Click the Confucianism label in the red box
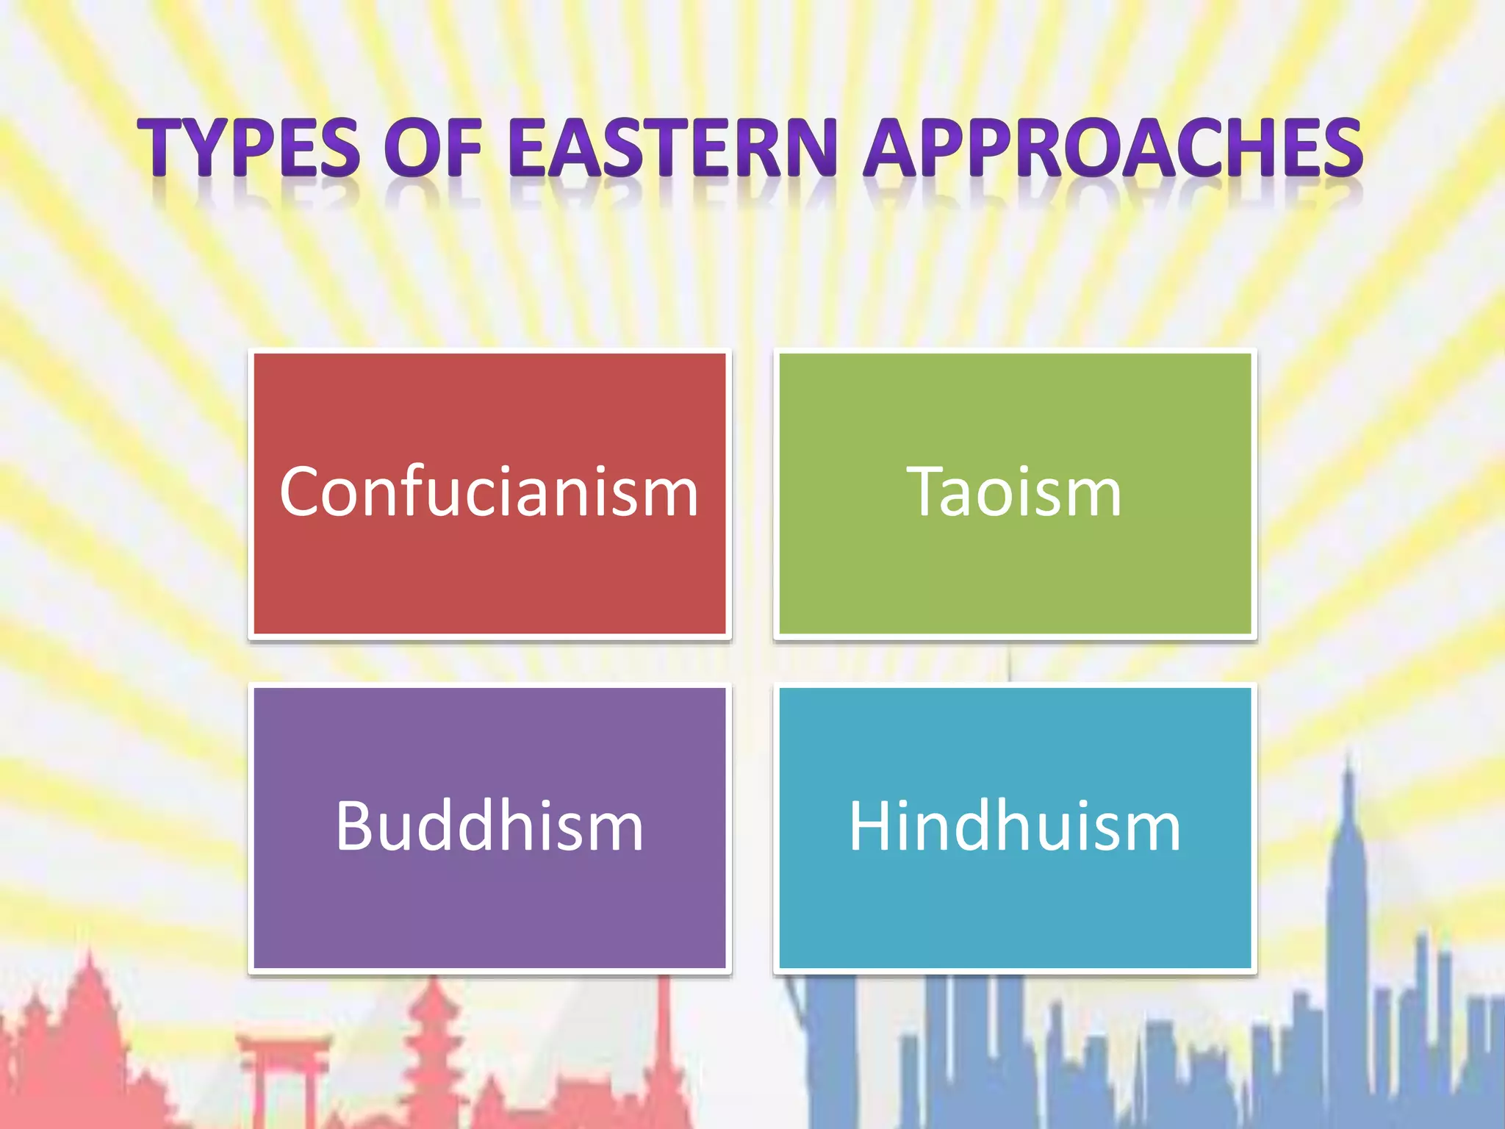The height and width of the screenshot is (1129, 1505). (489, 492)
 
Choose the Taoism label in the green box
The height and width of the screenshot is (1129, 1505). (1014, 492)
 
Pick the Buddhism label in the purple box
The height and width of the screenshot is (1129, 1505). (489, 826)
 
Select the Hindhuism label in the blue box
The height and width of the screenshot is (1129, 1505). (1014, 826)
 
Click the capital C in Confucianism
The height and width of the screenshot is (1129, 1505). (301, 492)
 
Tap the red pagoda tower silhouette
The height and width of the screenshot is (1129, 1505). (434, 1044)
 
